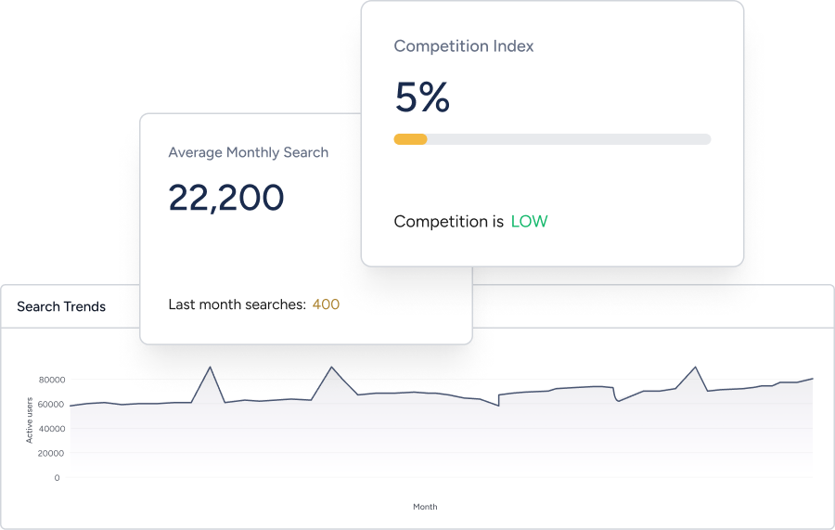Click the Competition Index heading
click(464, 46)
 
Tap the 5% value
click(422, 97)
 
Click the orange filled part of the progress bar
click(410, 139)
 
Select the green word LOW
click(529, 222)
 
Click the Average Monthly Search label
click(248, 152)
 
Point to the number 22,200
click(225, 198)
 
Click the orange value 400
click(326, 304)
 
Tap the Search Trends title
click(61, 307)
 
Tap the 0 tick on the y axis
click(57, 478)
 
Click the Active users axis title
click(30, 420)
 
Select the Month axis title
click(425, 507)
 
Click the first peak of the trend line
click(211, 367)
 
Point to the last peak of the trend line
click(696, 367)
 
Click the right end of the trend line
click(813, 379)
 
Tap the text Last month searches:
click(237, 304)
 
